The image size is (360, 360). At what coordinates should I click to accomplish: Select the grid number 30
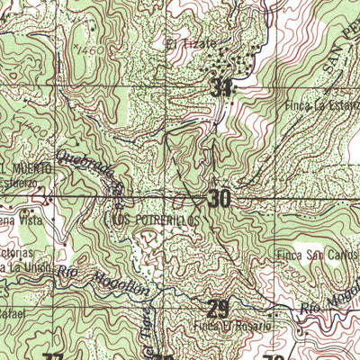219,198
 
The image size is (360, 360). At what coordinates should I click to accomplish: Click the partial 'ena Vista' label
15,220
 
